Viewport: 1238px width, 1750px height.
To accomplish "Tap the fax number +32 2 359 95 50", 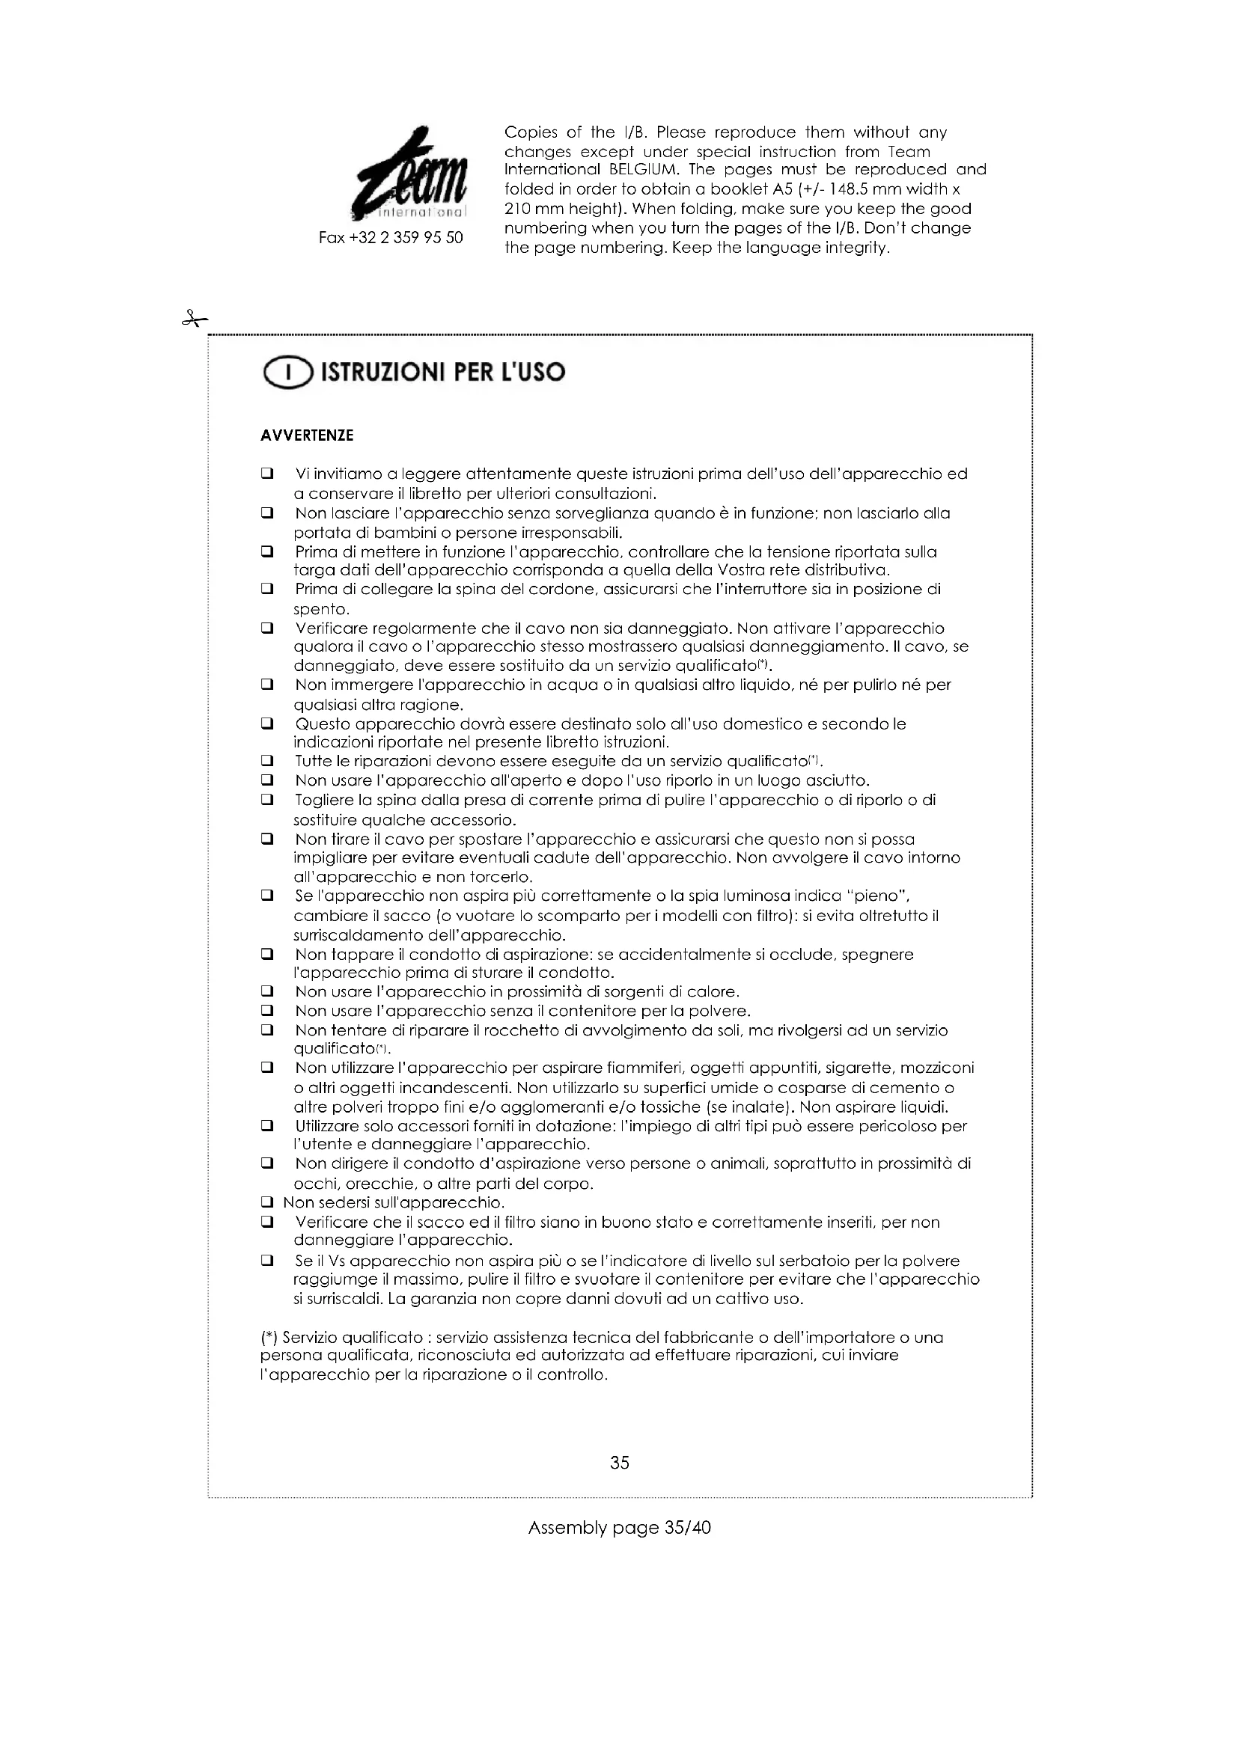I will pyautogui.click(x=390, y=238).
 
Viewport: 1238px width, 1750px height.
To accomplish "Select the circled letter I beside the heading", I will pyautogui.click(x=287, y=373).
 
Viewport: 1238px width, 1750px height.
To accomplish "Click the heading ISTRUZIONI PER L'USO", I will pyautogui.click(x=443, y=373).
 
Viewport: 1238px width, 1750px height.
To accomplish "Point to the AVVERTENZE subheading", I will pyautogui.click(x=306, y=436).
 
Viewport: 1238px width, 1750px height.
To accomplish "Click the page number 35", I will pyautogui.click(x=619, y=1462).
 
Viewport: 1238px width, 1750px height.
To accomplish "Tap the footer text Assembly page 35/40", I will pyautogui.click(x=619, y=1528).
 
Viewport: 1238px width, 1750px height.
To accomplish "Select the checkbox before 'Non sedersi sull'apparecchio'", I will pyautogui.click(x=266, y=1203).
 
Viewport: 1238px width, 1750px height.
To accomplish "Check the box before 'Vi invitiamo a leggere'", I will pyautogui.click(x=266, y=474).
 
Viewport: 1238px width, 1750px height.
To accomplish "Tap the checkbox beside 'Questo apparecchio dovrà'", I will pyautogui.click(x=266, y=723).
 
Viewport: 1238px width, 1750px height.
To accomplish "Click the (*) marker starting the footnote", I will pyautogui.click(x=269, y=1338).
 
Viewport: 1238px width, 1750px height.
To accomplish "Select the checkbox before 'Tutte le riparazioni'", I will pyautogui.click(x=266, y=761).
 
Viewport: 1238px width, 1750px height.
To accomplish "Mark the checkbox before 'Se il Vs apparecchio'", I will pyautogui.click(x=266, y=1261).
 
